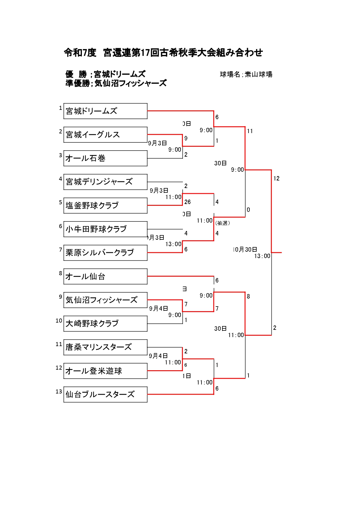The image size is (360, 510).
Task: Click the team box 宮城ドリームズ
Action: pos(105,111)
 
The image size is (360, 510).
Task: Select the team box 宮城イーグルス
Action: pos(105,135)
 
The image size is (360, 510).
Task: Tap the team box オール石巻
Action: pos(105,158)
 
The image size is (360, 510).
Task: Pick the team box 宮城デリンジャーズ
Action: pos(105,182)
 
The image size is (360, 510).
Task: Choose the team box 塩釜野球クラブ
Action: pos(105,205)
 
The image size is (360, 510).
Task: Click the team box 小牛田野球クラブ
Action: pos(105,229)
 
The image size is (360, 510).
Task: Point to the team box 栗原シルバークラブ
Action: pos(105,253)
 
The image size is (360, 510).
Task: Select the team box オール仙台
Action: pos(105,276)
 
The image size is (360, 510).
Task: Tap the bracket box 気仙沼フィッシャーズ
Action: pos(105,300)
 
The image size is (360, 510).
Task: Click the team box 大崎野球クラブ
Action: pos(105,323)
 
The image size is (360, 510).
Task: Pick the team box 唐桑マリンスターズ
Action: pos(105,347)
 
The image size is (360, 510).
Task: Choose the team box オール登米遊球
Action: pos(105,371)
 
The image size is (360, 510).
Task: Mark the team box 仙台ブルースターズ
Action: pos(105,394)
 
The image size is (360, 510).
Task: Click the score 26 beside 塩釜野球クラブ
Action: pos(188,202)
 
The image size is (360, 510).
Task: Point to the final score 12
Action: pos(276,178)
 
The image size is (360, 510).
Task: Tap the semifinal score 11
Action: pos(250,131)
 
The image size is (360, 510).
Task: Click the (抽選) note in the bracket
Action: pos(223,223)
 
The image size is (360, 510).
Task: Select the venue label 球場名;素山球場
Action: pos(246,74)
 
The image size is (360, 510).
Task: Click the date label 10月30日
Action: pos(245,250)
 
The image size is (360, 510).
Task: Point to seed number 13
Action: pos(59,391)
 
